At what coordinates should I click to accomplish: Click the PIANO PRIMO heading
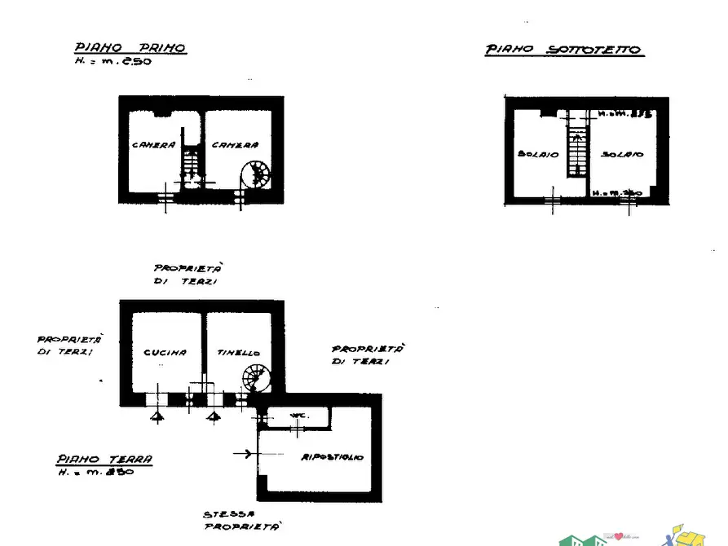(130, 48)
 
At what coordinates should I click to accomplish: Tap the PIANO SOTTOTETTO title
(564, 50)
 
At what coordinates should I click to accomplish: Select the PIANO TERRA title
(104, 460)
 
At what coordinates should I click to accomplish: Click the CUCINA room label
(165, 353)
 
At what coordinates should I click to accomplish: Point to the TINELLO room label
(239, 353)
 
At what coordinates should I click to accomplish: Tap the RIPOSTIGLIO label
(332, 457)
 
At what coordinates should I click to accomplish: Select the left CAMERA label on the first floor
(153, 145)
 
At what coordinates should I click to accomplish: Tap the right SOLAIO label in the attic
(623, 153)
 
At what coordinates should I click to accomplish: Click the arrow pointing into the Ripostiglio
(242, 453)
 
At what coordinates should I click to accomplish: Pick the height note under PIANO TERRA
(95, 473)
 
